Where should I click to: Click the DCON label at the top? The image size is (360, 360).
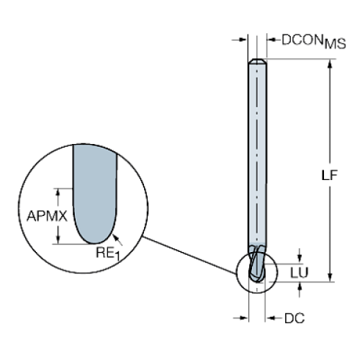300,41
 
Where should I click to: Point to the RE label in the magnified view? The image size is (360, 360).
105,251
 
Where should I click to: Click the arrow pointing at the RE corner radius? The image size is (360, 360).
118,238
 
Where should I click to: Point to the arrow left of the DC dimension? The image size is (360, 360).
240,318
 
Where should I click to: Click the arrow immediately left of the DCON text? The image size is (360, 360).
271,40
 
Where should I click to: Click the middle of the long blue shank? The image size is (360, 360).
258,162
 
